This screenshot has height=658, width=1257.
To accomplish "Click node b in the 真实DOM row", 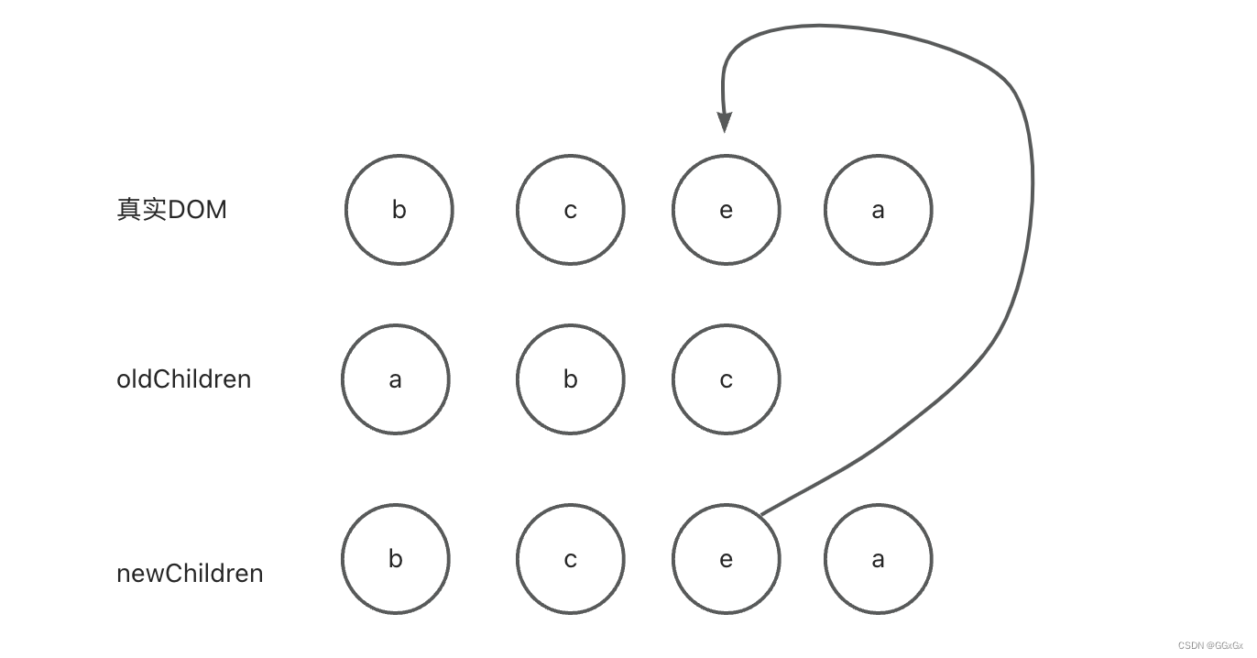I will pos(399,210).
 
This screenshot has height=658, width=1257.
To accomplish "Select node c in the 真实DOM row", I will pos(570,210).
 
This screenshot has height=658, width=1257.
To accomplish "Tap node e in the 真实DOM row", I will pos(726,210).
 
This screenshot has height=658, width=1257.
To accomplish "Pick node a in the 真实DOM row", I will pos(878,210).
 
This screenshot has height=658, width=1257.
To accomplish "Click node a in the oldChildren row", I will pos(396,379).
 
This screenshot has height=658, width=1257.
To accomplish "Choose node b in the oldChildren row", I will pos(570,379).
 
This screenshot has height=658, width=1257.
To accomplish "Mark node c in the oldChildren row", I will pos(726,379).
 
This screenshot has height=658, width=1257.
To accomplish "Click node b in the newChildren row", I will pos(396,559).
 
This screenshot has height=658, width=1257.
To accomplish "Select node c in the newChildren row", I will pos(570,559).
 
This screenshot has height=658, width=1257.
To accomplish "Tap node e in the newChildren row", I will pos(726,559).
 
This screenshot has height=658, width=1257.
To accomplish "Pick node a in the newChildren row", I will pos(878,559).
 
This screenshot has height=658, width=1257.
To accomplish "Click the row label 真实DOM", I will pos(171,210).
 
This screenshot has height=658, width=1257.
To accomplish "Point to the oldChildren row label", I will pos(183,379).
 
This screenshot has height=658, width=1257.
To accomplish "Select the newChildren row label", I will pos(190,574).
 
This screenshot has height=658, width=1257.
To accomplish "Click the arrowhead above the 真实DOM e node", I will pos(725,123).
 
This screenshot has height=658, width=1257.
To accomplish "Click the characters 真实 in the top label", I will pos(140,210).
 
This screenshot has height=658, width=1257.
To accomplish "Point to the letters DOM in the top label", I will pos(196,210).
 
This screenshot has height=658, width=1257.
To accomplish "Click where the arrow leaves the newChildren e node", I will pos(763,513).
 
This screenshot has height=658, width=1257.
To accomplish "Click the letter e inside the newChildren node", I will pos(726,559).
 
